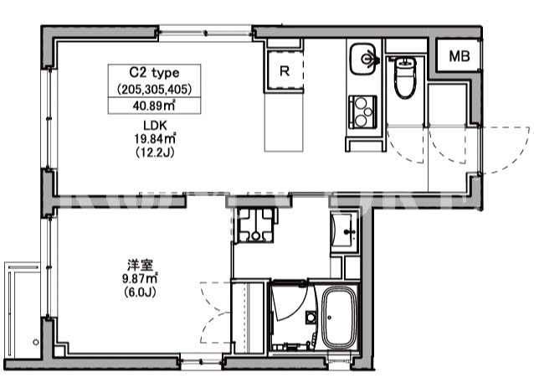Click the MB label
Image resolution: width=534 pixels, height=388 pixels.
point(460,56)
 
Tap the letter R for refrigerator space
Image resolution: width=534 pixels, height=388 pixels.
point(285,71)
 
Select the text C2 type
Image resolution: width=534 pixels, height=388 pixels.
point(154,73)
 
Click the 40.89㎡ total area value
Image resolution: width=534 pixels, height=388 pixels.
point(154,106)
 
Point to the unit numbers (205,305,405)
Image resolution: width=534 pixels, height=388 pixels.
point(154,90)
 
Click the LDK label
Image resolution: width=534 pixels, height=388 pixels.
point(155,126)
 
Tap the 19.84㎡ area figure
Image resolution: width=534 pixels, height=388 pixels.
point(155,138)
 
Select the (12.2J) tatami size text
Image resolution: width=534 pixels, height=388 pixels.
point(155,152)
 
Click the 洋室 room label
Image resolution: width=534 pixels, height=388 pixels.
point(140,265)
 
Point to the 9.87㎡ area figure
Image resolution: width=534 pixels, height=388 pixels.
point(140,278)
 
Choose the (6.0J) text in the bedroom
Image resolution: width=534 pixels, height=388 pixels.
point(140,292)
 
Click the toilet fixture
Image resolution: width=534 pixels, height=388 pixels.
point(405,77)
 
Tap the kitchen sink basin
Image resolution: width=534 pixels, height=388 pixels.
point(363,59)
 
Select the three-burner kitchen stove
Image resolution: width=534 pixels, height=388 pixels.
point(362,111)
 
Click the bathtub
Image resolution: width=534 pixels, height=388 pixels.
point(339,317)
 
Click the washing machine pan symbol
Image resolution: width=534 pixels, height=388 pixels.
point(255,225)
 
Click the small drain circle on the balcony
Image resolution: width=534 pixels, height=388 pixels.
point(36,342)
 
